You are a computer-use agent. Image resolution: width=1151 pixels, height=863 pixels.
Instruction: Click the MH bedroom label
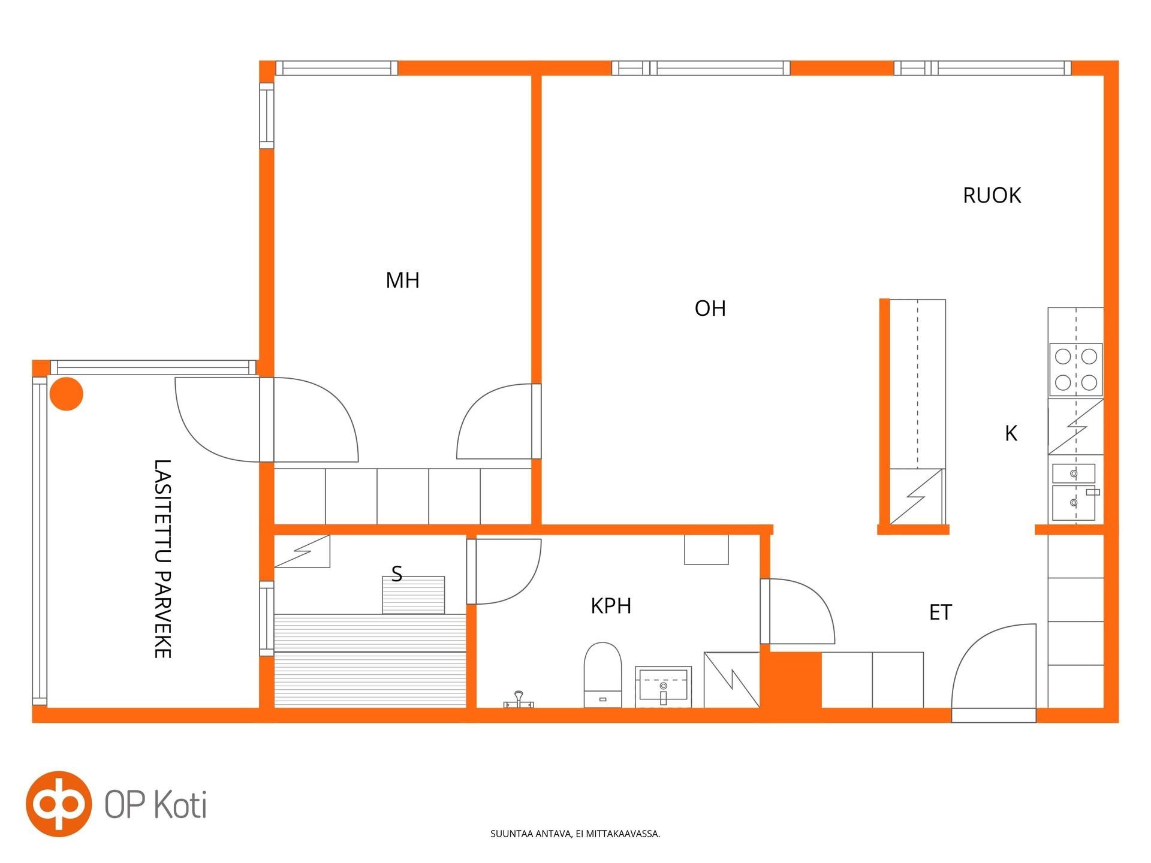pos(402,280)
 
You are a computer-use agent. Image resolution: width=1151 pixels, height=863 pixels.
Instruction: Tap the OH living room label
pos(710,308)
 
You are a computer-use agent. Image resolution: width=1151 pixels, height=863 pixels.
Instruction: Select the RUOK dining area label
pos(992,195)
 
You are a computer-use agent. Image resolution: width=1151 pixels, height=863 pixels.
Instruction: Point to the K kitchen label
pos(1011,433)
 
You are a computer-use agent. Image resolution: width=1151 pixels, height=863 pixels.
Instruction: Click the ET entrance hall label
pos(940,612)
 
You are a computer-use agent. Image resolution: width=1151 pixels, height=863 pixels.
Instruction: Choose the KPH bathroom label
pos(611,606)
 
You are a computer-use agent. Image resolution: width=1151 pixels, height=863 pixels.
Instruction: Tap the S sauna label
pos(396,574)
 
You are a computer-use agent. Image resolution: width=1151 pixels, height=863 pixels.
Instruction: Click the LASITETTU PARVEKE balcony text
pos(162,559)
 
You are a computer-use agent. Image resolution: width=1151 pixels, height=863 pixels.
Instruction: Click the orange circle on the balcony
pos(66,394)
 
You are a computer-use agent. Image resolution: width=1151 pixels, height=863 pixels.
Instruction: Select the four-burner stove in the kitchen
pos(1075,369)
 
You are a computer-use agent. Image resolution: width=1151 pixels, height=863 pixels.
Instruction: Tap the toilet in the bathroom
pos(602,675)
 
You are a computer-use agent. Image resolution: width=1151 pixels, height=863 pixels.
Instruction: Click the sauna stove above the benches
pos(414,595)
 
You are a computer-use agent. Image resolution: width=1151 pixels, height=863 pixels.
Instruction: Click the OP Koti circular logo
pos(59,804)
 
